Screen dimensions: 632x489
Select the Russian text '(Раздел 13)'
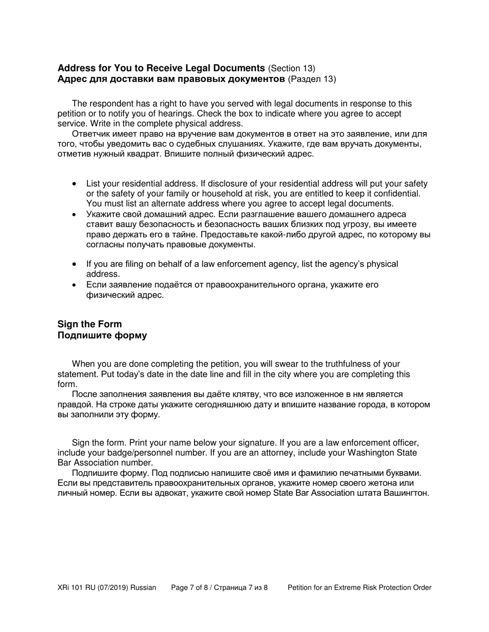(312, 79)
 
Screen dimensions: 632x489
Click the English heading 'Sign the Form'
(90, 324)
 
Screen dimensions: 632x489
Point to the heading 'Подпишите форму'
(102, 336)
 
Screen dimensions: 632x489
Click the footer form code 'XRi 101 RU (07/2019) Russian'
(107, 587)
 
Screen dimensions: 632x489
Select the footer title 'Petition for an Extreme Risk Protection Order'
(359, 587)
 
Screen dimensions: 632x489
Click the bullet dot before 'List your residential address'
(76, 184)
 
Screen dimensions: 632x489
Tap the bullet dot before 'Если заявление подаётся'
(76, 285)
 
